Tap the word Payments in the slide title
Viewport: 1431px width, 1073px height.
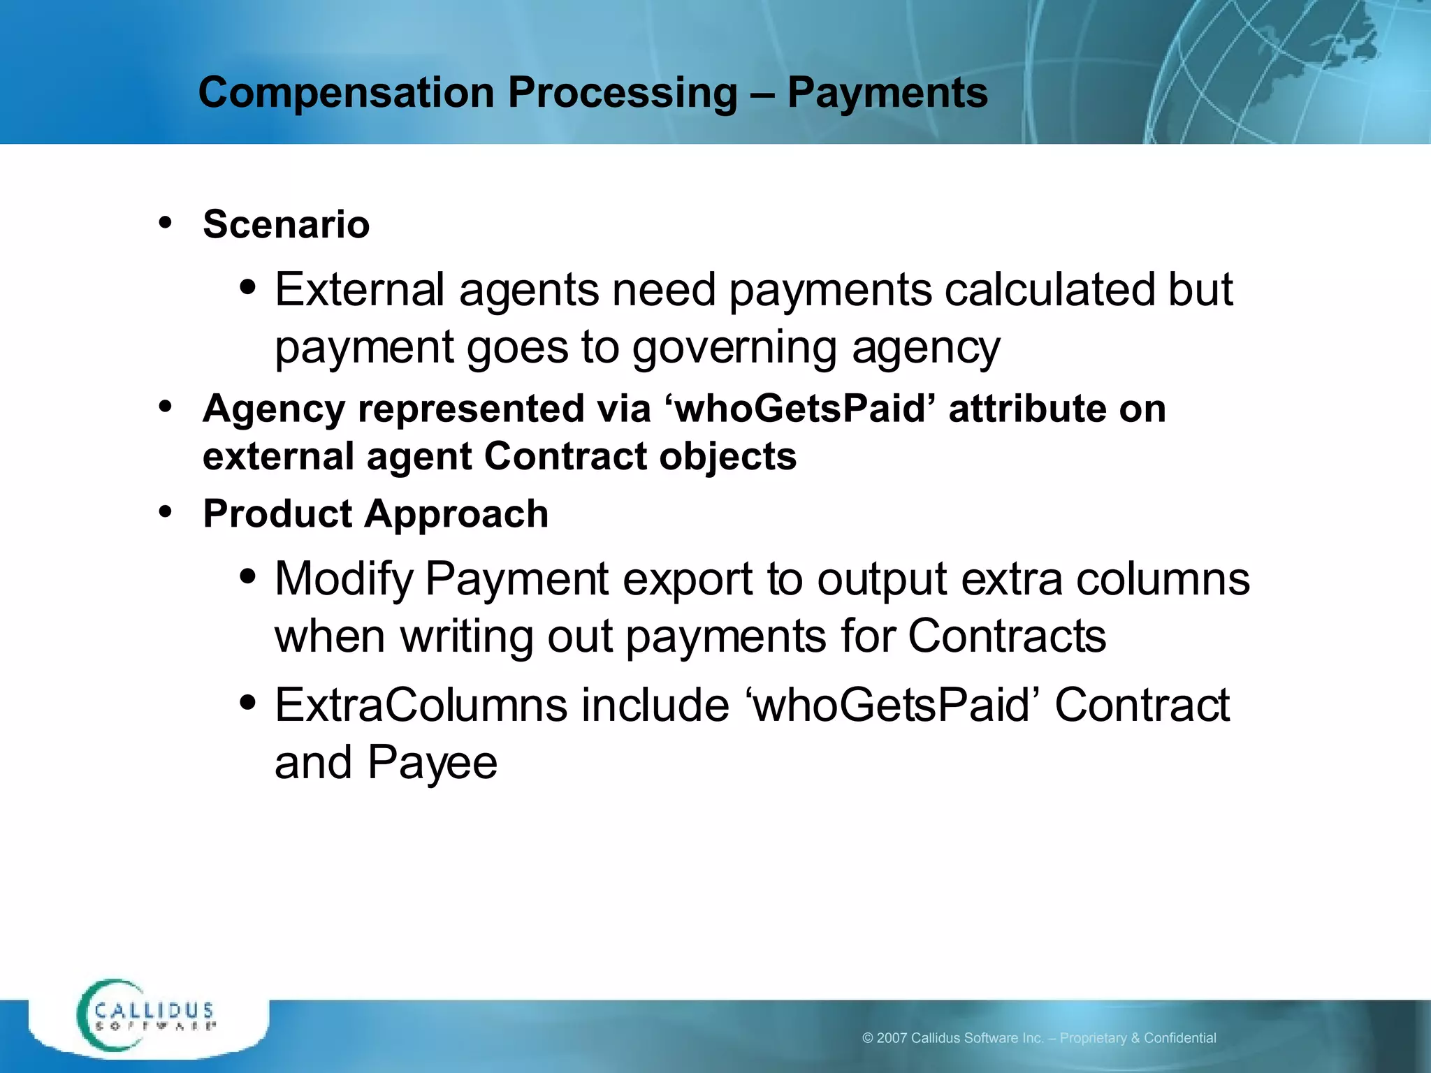pos(887,93)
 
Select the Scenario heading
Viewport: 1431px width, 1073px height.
pos(286,224)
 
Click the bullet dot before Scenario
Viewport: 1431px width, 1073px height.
pos(166,223)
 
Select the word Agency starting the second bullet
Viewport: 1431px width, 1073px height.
pos(273,409)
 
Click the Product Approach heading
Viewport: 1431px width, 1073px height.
pos(375,514)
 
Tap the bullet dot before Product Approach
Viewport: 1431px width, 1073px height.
pos(166,512)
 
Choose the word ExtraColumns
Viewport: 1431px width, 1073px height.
pos(421,705)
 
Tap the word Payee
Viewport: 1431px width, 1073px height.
pos(432,763)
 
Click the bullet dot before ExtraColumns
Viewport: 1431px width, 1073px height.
pos(247,702)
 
